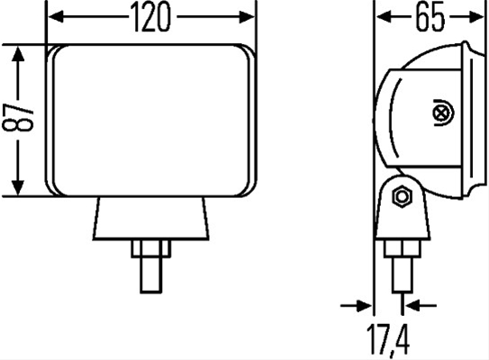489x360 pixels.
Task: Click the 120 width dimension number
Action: click(151, 17)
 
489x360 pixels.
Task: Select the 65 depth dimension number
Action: click(430, 17)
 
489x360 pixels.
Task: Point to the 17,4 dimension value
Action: click(387, 339)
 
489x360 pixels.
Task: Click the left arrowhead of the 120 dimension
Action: click(56, 17)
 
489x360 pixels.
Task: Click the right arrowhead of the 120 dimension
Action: click(247, 17)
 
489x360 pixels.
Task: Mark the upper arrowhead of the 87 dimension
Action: click(18, 54)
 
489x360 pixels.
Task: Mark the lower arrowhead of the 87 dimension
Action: click(18, 188)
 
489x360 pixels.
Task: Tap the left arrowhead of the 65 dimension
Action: click(384, 17)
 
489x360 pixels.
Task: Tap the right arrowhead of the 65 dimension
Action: click(475, 17)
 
